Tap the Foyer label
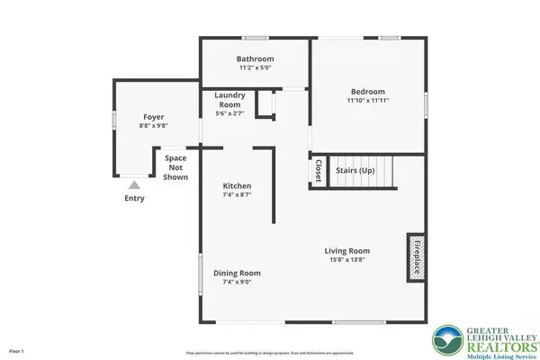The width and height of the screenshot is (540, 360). pos(154,117)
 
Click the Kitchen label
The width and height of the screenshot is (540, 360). pos(237,186)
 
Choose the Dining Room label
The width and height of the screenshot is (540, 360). pos(237,273)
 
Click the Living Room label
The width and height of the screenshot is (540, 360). pos(347,251)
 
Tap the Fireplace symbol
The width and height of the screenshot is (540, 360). pos(418,259)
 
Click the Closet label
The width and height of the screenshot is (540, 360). pos(318,172)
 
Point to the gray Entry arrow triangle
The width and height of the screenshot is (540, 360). pos(134,184)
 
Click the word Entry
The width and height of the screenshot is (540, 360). pos(134,198)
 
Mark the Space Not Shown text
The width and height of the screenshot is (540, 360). pos(175,167)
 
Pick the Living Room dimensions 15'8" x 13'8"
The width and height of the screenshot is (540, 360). pos(347,261)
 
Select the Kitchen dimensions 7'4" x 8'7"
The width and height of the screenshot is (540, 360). pos(237,195)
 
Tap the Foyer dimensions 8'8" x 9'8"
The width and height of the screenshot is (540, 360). pos(154,126)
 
